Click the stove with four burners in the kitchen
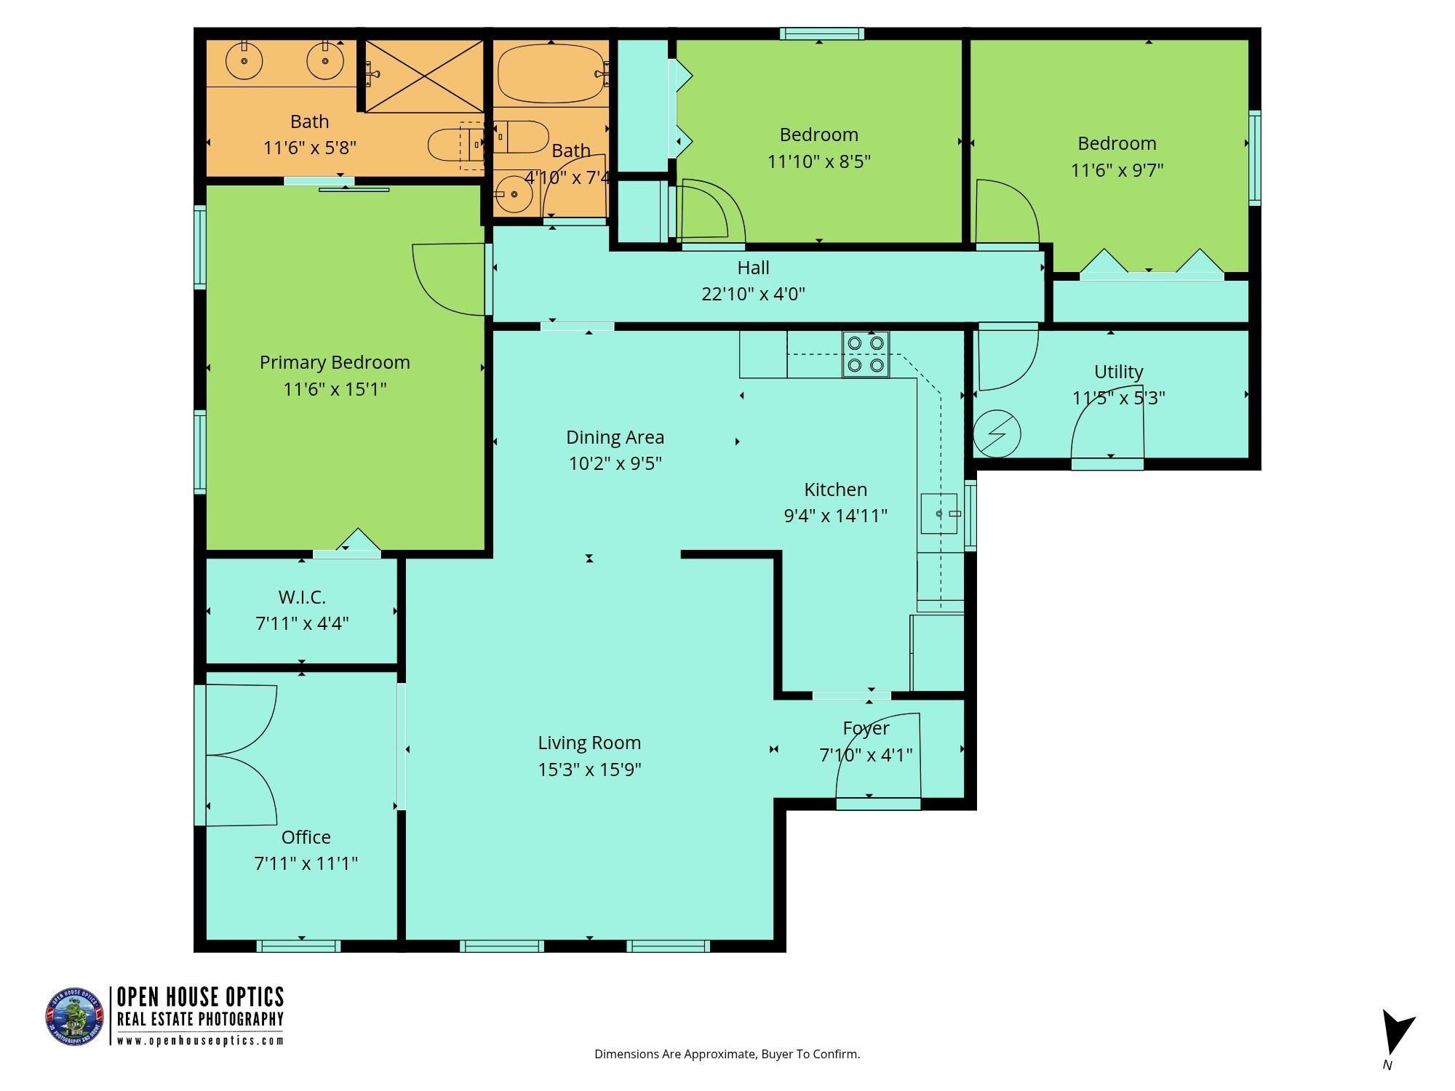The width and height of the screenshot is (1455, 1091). [x=866, y=354]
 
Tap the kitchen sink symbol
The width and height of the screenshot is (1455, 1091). [x=939, y=513]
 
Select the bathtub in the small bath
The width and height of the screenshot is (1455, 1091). [x=551, y=73]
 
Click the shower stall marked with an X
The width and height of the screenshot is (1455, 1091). [x=424, y=76]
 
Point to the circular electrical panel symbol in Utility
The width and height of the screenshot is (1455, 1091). [x=997, y=434]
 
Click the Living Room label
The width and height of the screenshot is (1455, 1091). [x=589, y=743]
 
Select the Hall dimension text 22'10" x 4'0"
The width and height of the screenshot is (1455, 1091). [x=753, y=294]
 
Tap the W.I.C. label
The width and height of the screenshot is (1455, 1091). [x=302, y=597]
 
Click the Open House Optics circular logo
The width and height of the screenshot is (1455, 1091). [x=75, y=1017]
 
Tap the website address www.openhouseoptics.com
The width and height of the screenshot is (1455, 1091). [x=200, y=1041]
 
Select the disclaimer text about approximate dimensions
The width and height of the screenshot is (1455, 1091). [x=727, y=1054]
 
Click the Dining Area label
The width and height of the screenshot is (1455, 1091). [x=615, y=437]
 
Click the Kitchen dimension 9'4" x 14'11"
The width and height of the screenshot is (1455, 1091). [x=835, y=516]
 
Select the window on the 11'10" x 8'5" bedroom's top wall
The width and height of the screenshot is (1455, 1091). [x=822, y=33]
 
